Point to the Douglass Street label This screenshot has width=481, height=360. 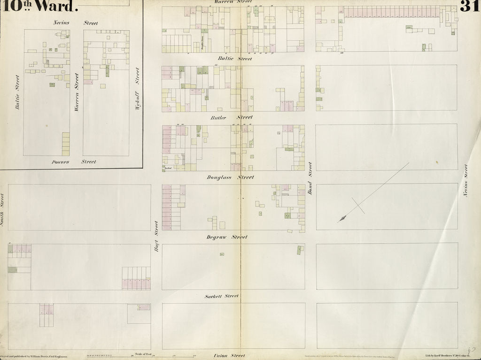click(230, 177)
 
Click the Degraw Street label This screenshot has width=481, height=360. click(227, 237)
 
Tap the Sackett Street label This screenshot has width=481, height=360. click(222, 297)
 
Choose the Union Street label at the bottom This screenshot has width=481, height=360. click(230, 356)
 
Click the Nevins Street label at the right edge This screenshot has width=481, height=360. click(466, 180)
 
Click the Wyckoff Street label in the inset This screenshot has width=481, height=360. click(137, 88)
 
